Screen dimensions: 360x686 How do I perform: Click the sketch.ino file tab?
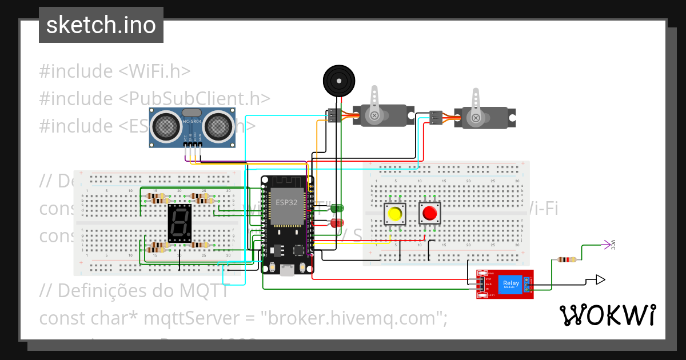pos(101,25)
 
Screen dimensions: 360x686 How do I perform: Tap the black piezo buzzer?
pos(339,81)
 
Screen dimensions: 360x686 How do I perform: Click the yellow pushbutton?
pos(394,214)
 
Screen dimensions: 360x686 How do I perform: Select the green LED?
pos(337,209)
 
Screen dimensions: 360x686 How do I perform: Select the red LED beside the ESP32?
pos(337,222)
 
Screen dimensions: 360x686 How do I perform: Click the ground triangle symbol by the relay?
pos(599,279)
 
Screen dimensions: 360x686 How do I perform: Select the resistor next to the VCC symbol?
pos(567,260)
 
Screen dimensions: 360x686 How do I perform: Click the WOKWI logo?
pos(607,315)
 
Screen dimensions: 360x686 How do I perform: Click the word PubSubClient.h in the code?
pos(195,98)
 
